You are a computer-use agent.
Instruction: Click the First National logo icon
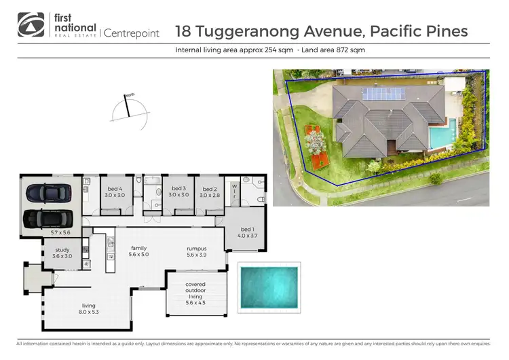pyautogui.click(x=29, y=25)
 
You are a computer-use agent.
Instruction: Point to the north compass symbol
pyautogui.click(x=129, y=109)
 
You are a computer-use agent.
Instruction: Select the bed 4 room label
pyautogui.click(x=113, y=192)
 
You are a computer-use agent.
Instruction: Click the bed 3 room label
pyautogui.click(x=178, y=192)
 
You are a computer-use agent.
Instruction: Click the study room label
pyautogui.click(x=62, y=253)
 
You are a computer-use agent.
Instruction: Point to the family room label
pyautogui.click(x=139, y=252)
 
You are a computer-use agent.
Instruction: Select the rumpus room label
pyautogui.click(x=197, y=252)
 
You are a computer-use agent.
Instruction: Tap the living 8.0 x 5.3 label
pyautogui.click(x=89, y=309)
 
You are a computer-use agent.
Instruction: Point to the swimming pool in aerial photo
pyautogui.click(x=440, y=134)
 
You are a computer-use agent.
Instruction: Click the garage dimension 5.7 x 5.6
pyautogui.click(x=60, y=232)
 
